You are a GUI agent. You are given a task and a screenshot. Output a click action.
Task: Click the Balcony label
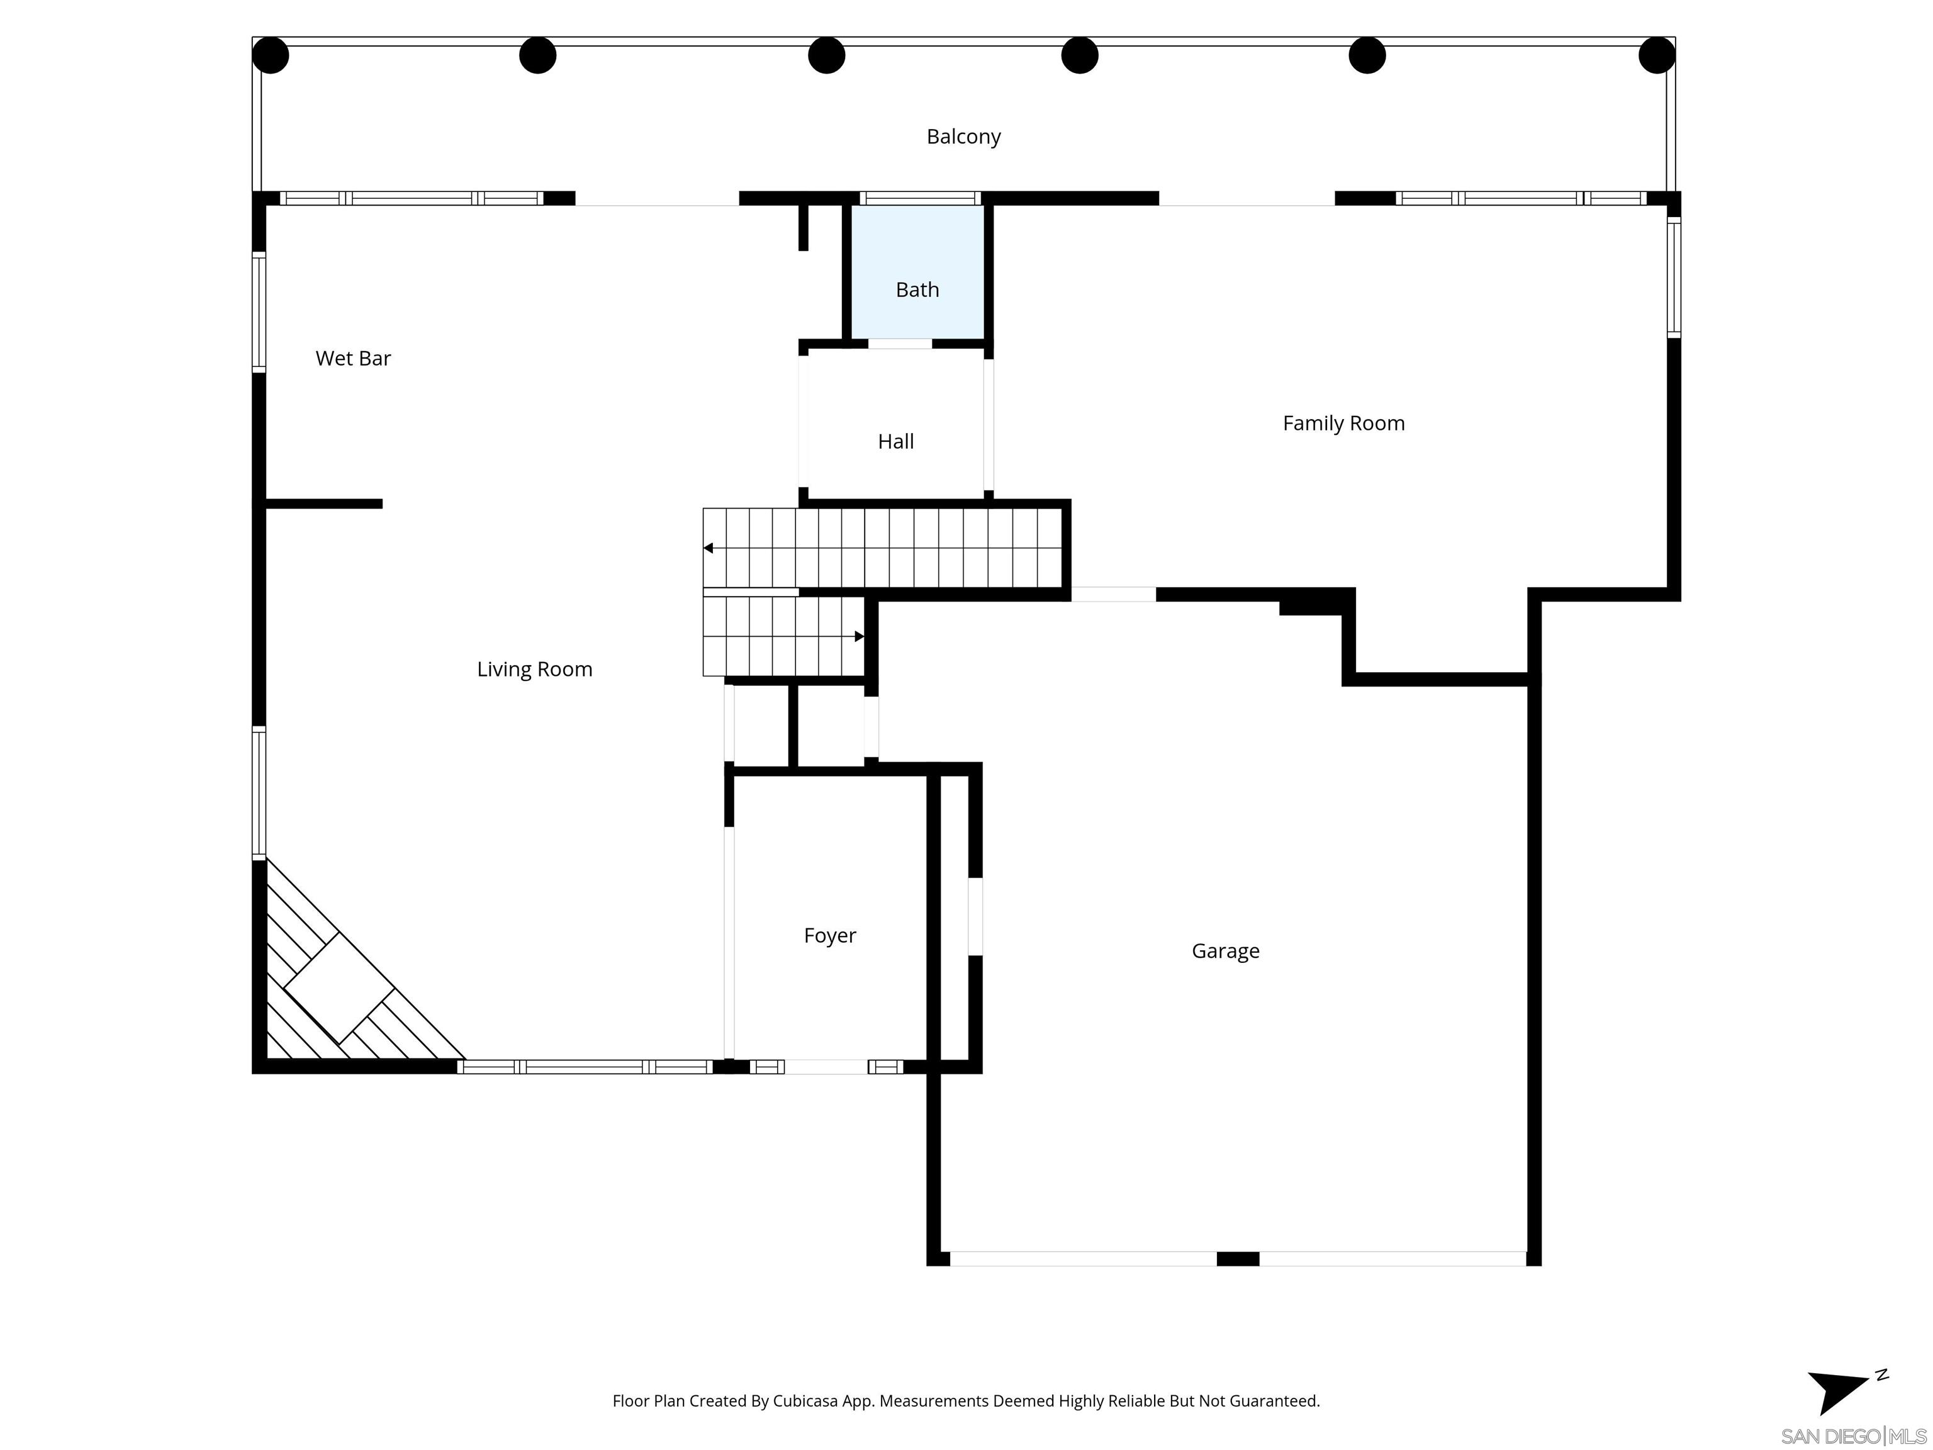coord(963,137)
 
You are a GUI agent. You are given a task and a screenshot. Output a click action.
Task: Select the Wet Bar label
coord(353,358)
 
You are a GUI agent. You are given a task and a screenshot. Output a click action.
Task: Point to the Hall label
coord(896,441)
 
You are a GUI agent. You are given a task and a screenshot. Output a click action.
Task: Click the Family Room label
coord(1343,423)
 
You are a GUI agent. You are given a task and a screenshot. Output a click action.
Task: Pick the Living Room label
coord(534,670)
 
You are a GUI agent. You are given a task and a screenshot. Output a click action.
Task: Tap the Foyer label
coord(829,935)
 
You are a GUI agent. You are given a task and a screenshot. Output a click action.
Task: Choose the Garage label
coord(1225,951)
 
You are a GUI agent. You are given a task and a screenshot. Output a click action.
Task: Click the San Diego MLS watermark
coord(1852,1436)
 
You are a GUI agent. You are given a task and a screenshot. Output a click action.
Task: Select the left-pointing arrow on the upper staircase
coord(709,548)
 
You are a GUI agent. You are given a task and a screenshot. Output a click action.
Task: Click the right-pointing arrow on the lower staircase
coord(859,636)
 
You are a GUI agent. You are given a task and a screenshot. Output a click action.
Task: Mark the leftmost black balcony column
coord(271,55)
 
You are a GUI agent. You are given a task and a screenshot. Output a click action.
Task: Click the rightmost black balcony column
coord(1656,55)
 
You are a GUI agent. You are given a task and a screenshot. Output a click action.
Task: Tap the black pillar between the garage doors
coord(1238,1259)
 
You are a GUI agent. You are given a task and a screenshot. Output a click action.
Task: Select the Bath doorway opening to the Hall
coord(899,344)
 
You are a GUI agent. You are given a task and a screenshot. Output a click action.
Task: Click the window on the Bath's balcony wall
coord(920,198)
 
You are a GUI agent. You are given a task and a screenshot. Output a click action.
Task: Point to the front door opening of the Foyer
coord(826,1066)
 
